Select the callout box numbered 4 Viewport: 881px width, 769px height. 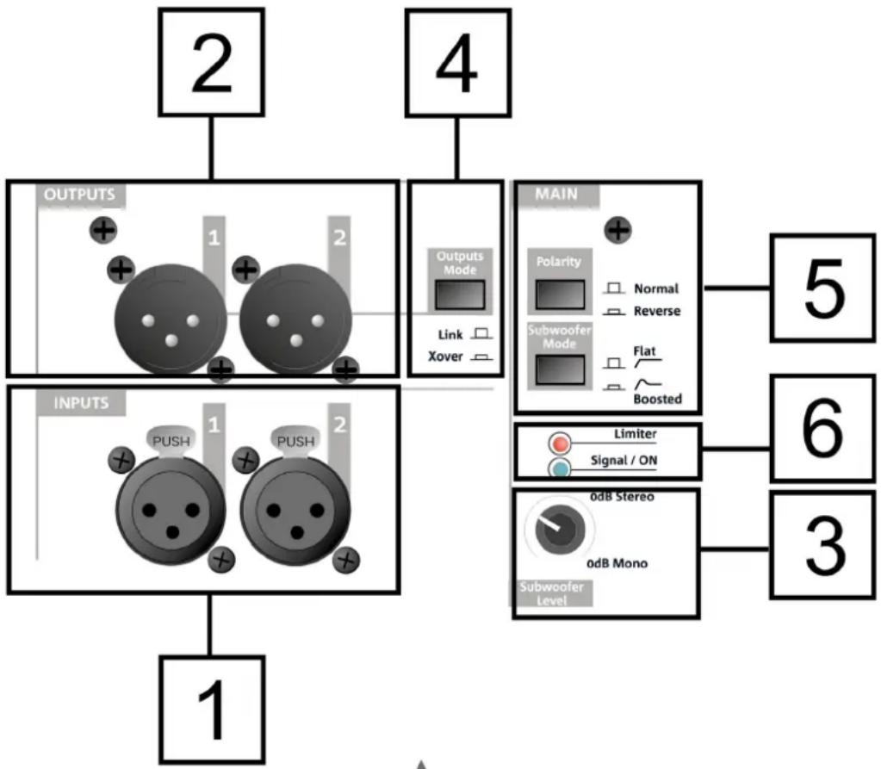(456, 63)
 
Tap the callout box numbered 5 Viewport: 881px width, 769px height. (823, 288)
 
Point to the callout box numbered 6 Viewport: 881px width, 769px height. (823, 427)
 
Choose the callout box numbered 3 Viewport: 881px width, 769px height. (823, 544)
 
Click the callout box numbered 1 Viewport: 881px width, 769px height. (211, 709)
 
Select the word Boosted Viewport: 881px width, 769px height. (657, 399)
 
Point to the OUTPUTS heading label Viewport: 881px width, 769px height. (79, 195)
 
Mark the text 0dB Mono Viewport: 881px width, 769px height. (617, 563)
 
